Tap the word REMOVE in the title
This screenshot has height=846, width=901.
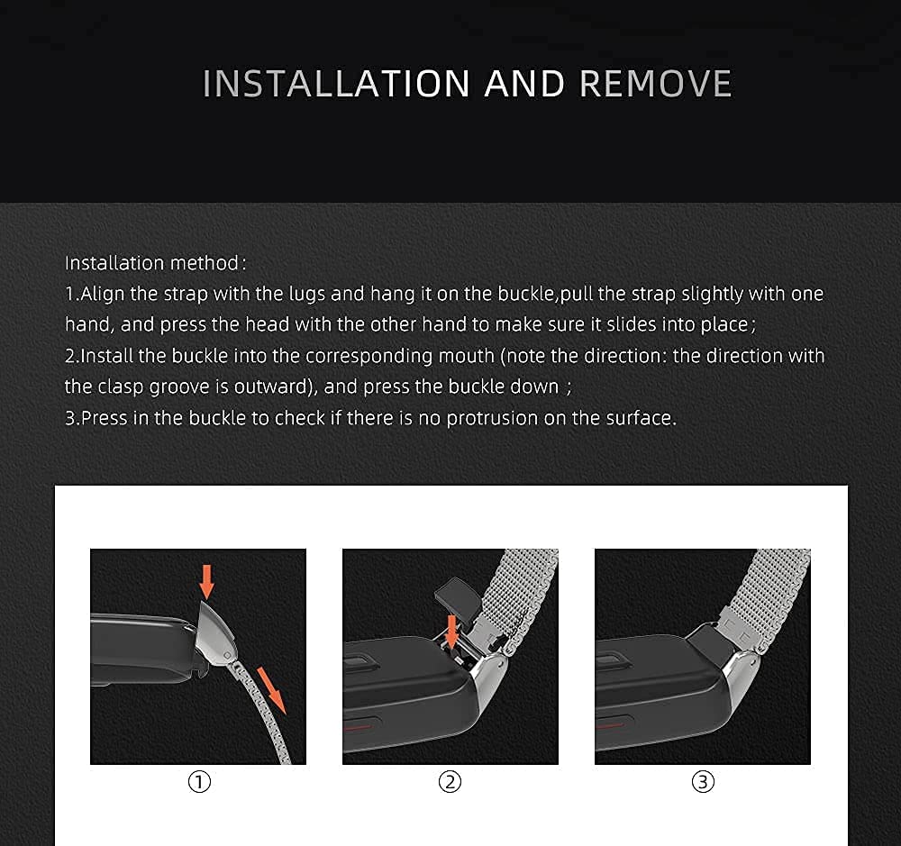[655, 84]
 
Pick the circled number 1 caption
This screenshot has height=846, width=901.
[198, 782]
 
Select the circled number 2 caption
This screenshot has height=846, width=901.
[450, 782]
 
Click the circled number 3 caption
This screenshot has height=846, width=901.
[703, 782]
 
